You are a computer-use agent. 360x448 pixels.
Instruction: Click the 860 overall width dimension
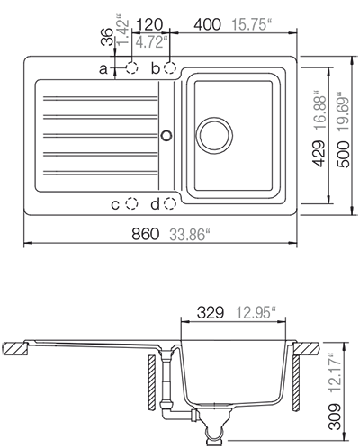145,234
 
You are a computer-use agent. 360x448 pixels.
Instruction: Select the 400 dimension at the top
207,24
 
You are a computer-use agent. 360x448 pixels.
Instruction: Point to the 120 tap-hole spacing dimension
149,24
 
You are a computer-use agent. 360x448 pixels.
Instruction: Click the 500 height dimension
344,155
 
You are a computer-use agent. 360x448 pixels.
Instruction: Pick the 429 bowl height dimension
319,154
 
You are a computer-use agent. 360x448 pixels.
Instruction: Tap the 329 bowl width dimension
211,313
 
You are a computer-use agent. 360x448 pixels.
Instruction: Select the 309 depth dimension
335,417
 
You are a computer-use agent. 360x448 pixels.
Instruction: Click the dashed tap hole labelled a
131,68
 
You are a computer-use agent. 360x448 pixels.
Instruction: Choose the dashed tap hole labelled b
170,68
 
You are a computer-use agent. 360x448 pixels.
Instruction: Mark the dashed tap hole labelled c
131,204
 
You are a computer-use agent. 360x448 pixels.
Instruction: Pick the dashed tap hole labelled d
170,204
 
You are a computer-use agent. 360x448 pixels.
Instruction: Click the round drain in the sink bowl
214,135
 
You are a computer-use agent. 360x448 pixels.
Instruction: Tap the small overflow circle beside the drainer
166,135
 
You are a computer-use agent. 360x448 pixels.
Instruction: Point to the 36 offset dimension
107,37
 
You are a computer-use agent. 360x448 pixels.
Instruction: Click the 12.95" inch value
256,313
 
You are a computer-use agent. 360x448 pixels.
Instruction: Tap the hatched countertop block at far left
15,348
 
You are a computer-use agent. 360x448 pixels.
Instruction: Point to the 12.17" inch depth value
335,373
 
